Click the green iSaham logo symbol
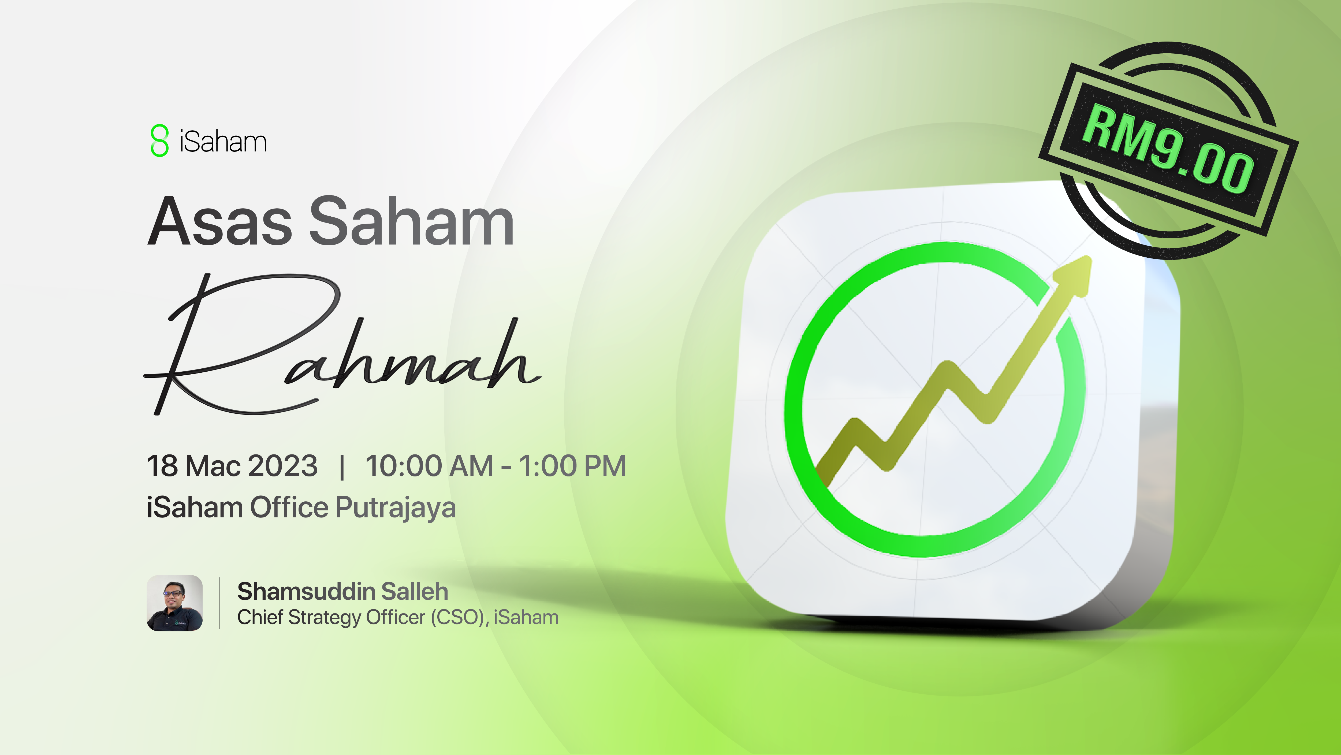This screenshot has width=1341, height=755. [x=159, y=140]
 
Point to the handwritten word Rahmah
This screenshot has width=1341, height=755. [x=342, y=344]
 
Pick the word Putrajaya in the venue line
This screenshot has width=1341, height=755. [x=396, y=508]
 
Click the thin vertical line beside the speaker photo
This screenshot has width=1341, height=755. [x=219, y=603]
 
